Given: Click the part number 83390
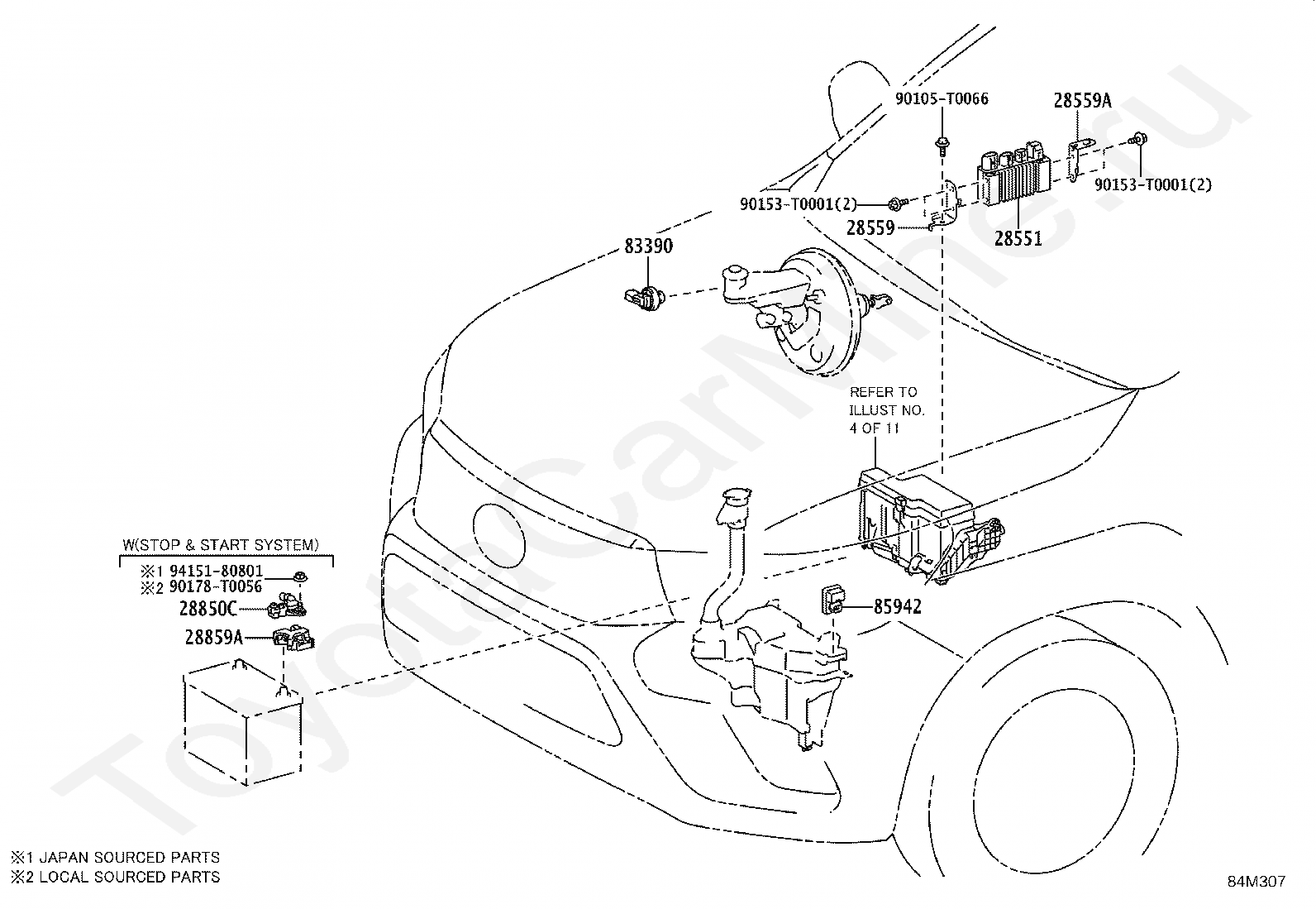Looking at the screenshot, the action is pos(648,246).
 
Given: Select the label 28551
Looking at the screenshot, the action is pos(1018,239).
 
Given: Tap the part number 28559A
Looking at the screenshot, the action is pos(1082,101).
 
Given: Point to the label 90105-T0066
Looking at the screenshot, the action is pos(942,98).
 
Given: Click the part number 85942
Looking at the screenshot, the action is pos(897,606).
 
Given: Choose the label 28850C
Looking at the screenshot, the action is pos(208,609).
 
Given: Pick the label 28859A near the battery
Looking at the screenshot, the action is pos(214,638).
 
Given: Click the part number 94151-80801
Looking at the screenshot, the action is pos(217,571).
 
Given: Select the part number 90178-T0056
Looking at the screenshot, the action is pos(216,586).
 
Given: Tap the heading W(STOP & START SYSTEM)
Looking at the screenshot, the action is pos(221,545).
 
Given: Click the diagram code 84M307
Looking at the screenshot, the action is pos(1256,882).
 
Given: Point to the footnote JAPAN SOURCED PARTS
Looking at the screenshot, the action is pos(129,857).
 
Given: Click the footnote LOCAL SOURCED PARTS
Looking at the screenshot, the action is pos(129,877).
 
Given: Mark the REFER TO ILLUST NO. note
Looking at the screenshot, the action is pos(886,409).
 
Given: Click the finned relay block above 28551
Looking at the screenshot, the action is pos(1016,174).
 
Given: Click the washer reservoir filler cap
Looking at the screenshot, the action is pos(736,496).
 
